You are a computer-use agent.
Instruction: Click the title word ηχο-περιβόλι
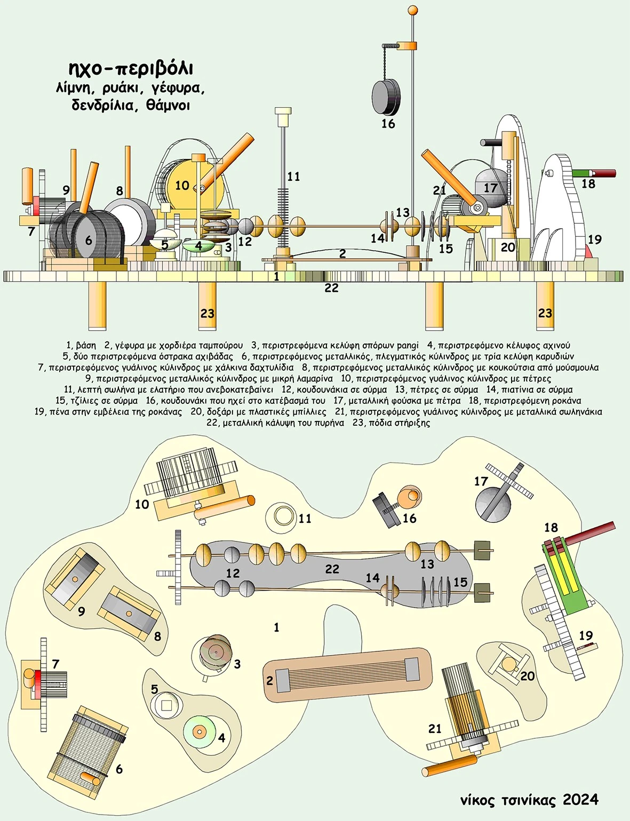pyautogui.click(x=131, y=69)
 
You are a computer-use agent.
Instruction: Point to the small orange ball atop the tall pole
pyautogui.click(x=412, y=10)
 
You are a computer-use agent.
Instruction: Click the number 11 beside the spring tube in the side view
pyautogui.click(x=293, y=177)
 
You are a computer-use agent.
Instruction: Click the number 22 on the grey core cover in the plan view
pyautogui.click(x=332, y=569)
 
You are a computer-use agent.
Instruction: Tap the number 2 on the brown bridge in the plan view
pyautogui.click(x=269, y=681)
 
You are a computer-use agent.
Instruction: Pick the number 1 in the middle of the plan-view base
pyautogui.click(x=276, y=627)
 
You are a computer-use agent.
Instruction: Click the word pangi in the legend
pyautogui.click(x=408, y=345)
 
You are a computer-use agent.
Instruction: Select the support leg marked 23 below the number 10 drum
pyautogui.click(x=207, y=306)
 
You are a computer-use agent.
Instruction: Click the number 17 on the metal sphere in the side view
pyautogui.click(x=490, y=188)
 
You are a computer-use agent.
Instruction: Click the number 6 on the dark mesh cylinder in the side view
pyautogui.click(x=89, y=241)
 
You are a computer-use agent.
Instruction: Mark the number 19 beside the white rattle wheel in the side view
pyautogui.click(x=594, y=239)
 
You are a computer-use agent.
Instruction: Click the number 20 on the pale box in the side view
pyautogui.click(x=508, y=247)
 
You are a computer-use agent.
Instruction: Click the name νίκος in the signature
pyautogui.click(x=479, y=800)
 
